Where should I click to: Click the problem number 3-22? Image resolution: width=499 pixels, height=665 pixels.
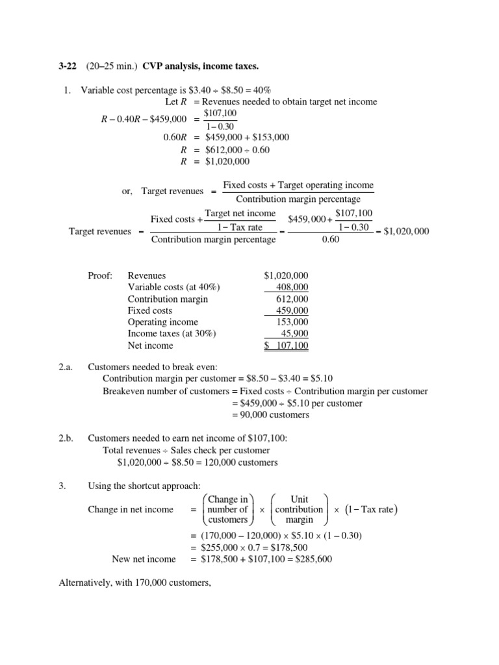pyautogui.click(x=68, y=66)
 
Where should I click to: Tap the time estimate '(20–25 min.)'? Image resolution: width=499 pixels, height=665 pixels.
pyautogui.click(x=108, y=66)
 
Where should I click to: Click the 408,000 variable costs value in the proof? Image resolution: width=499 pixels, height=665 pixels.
pyautogui.click(x=292, y=287)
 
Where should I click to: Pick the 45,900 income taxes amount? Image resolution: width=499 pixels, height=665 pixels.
pyautogui.click(x=294, y=334)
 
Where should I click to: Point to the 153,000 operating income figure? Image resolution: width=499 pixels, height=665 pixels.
pyautogui.click(x=292, y=322)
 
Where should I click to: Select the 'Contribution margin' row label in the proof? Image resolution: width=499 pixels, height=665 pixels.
pyautogui.click(x=168, y=299)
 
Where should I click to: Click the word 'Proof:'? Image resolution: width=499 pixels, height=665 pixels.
pyautogui.click(x=100, y=275)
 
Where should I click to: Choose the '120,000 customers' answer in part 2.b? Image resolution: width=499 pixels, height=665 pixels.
pyautogui.click(x=238, y=462)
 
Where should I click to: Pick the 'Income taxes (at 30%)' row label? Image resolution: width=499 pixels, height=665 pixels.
pyautogui.click(x=172, y=334)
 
